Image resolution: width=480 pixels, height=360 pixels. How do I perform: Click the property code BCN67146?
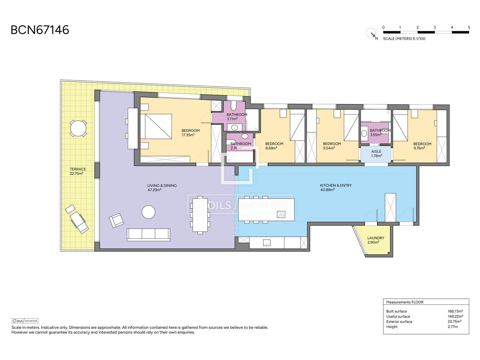[40, 30]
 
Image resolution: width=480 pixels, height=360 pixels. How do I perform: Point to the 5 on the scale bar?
[469, 27]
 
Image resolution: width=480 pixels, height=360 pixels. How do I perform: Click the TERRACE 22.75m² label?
[78, 171]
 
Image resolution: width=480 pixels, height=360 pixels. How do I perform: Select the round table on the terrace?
[78, 128]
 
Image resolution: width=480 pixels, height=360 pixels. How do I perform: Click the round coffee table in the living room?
[148, 212]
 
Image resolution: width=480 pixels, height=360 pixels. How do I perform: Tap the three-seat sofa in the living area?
[148, 235]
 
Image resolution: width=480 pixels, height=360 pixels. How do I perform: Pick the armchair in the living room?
[116, 220]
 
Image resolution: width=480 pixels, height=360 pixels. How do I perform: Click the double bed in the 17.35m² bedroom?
[156, 126]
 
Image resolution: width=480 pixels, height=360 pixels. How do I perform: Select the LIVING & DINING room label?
[162, 187]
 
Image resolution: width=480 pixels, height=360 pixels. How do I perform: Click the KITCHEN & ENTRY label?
[336, 187]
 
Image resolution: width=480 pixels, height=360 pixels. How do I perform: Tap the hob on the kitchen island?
[281, 214]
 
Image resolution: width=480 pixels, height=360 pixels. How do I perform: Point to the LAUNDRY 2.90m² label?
[376, 240]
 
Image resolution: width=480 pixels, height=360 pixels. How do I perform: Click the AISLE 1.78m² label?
[376, 153]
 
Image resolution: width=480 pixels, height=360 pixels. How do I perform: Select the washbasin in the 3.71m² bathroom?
[235, 127]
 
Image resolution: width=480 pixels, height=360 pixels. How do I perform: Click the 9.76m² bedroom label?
[422, 146]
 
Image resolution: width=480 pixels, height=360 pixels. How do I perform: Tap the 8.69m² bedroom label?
[274, 146]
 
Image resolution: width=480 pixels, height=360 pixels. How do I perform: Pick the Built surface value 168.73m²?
[455, 311]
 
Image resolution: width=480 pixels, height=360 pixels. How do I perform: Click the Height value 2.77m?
[453, 327]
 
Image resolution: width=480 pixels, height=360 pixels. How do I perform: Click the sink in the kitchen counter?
[267, 243]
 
